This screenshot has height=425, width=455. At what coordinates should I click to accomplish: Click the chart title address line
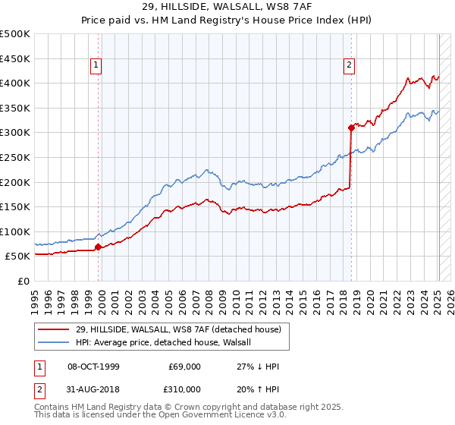[x=227, y=7]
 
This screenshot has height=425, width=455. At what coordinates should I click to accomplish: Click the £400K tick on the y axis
[x=14, y=83]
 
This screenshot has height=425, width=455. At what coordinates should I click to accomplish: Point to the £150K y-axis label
[x=14, y=206]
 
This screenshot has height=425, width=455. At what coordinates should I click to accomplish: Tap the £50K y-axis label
[x=17, y=257]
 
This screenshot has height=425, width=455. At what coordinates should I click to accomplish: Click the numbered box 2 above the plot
[x=350, y=66]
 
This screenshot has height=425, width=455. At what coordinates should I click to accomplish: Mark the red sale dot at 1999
[x=99, y=247]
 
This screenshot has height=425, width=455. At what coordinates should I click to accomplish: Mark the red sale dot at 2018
[x=351, y=127]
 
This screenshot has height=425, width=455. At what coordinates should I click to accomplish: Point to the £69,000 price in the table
[x=184, y=367]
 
